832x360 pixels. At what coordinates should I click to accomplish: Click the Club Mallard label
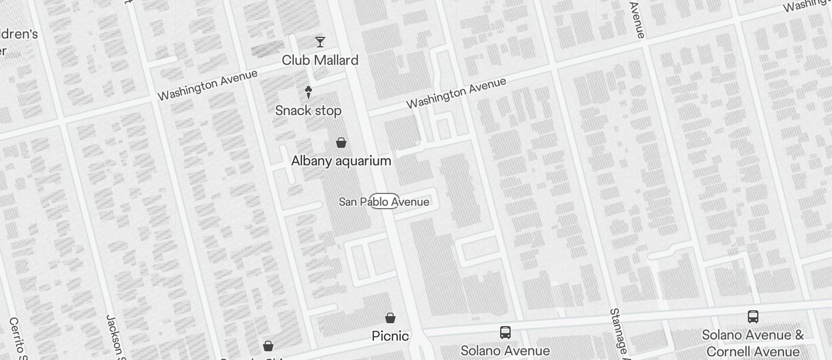click(320, 60)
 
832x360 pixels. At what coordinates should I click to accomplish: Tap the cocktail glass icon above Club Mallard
click(320, 41)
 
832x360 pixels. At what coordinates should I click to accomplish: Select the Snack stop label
click(308, 110)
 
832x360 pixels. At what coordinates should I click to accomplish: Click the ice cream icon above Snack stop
click(308, 92)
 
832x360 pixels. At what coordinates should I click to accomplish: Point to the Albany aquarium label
click(341, 161)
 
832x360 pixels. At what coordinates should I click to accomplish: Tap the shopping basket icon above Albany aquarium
click(341, 142)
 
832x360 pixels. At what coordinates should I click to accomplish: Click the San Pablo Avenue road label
click(384, 202)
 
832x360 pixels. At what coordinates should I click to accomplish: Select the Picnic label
click(390, 336)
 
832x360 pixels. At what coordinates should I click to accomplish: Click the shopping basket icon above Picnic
click(390, 318)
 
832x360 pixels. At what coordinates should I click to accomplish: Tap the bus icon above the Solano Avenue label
click(505, 333)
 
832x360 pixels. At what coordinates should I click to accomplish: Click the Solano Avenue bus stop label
click(505, 351)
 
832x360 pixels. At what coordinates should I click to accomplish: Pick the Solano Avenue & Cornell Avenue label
click(753, 343)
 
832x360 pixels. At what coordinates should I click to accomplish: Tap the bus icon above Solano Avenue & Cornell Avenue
click(753, 317)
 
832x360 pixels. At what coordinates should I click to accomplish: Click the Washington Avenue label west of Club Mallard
click(207, 85)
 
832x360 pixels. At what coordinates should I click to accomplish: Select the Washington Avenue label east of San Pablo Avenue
click(456, 93)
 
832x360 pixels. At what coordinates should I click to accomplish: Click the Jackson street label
click(114, 335)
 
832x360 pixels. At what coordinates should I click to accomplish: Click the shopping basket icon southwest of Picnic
click(268, 346)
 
